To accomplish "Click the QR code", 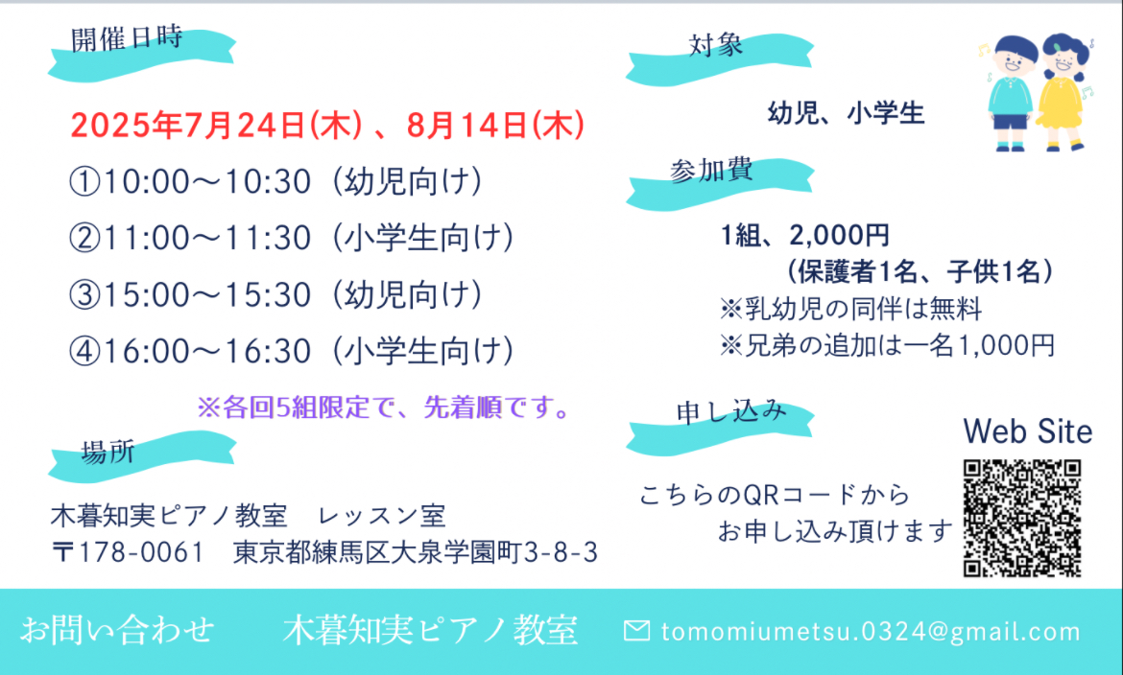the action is pyautogui.click(x=1022, y=519).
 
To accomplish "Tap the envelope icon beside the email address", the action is pyautogui.click(x=636, y=631).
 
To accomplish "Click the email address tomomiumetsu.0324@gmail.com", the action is pyautogui.click(x=871, y=631).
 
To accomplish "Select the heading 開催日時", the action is pyautogui.click(x=127, y=38).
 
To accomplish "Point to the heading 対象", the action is pyautogui.click(x=715, y=45).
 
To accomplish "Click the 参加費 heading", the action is pyautogui.click(x=711, y=171).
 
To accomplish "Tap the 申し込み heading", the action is pyautogui.click(x=731, y=411).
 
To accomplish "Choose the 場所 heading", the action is pyautogui.click(x=108, y=453).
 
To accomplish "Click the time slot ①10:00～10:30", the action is pyautogui.click(x=190, y=182).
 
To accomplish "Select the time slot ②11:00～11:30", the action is pyautogui.click(x=190, y=239).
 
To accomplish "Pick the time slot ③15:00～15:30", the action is pyautogui.click(x=190, y=295).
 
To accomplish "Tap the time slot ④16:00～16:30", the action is pyautogui.click(x=190, y=352).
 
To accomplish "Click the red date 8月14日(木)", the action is pyautogui.click(x=495, y=126).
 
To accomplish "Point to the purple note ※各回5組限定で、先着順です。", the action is pyautogui.click(x=385, y=407).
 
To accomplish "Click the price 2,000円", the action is pyautogui.click(x=840, y=235).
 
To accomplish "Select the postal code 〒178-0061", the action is pyautogui.click(x=129, y=552).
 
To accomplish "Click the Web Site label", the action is pyautogui.click(x=1028, y=431).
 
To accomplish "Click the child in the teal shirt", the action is pyautogui.click(x=1011, y=93).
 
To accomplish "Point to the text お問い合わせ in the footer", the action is pyautogui.click(x=117, y=631).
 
